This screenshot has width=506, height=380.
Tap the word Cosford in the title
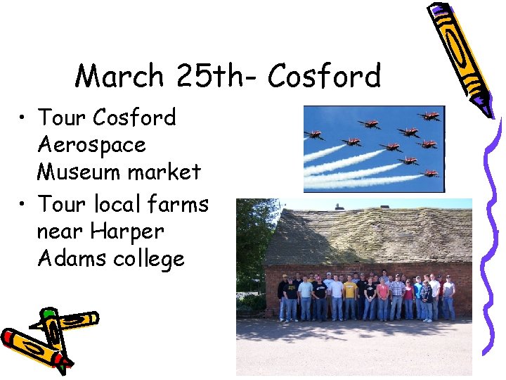(324, 76)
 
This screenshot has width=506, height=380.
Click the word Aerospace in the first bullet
(91, 145)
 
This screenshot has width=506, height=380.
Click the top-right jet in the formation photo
(429, 116)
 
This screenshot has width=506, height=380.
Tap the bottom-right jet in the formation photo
(429, 172)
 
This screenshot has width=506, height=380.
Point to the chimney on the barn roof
(339, 207)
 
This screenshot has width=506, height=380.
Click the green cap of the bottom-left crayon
(48, 314)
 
